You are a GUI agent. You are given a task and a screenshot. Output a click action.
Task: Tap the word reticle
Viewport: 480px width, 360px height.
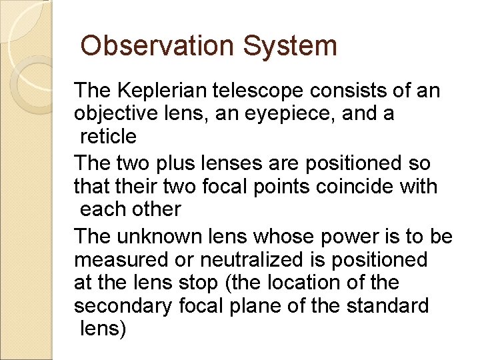[108, 137]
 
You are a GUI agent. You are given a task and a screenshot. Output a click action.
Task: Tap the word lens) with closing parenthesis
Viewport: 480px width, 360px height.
[103, 329]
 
